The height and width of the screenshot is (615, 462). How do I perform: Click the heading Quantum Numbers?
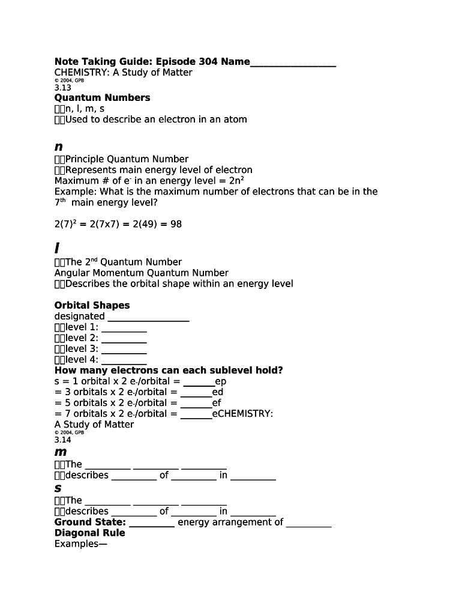coord(102,97)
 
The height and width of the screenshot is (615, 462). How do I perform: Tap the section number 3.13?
coord(62,88)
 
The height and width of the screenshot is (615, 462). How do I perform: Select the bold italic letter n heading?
coord(58,146)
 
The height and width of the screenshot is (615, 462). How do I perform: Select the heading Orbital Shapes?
coord(92,305)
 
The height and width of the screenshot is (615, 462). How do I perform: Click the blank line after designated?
coord(148,317)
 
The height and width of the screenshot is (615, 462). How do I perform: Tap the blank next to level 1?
coord(124,327)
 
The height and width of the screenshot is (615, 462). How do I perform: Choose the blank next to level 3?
coord(124,349)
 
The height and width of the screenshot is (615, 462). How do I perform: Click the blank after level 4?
coord(124,360)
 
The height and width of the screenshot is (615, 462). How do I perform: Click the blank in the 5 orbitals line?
coord(196,403)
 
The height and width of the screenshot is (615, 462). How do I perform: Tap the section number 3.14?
coord(62,440)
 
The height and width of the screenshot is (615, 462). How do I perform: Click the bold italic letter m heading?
coord(60,452)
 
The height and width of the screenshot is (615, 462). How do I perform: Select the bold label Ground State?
coord(90,522)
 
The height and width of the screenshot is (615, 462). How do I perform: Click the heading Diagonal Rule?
coord(90,533)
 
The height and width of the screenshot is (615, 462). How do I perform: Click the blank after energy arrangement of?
coord(308,523)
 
